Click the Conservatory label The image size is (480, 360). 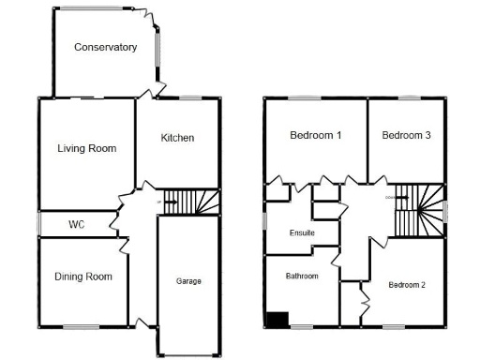point(105,47)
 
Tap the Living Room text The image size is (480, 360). point(86,148)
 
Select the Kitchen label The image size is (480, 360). point(177,138)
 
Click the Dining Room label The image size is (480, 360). point(83,277)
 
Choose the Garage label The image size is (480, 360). point(188,281)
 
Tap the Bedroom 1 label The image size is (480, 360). point(315,136)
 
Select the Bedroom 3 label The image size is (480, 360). point(406,136)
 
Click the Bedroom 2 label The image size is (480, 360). point(407,285)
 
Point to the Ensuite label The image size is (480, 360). point(302,232)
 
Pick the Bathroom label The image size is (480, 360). point(302,277)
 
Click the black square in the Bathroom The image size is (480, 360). point(277,319)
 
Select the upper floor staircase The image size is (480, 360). point(418,209)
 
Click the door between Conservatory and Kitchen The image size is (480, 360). point(145,92)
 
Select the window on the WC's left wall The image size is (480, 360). point(38,224)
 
